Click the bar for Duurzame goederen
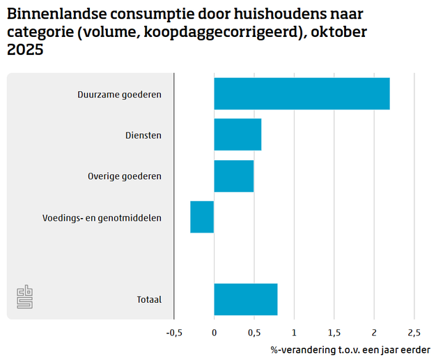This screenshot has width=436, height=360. [x=302, y=94]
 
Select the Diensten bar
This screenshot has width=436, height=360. [x=238, y=134]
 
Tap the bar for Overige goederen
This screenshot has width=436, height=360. [x=233, y=175]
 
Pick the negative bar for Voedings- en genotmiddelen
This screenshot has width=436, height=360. [x=202, y=217]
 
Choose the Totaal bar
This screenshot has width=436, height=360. [x=245, y=299]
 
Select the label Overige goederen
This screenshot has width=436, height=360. [x=125, y=176]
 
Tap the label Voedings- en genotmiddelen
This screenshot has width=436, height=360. [x=102, y=217]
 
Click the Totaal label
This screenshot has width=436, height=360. [x=149, y=299]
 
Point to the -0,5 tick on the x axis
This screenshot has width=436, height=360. [x=174, y=331]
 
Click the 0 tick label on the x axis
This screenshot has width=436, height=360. [x=214, y=331]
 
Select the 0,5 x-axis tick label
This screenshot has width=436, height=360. [x=254, y=331]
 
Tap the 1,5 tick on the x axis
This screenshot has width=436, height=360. [x=334, y=331]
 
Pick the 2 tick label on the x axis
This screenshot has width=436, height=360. [x=374, y=331]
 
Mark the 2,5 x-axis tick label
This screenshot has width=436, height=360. [x=414, y=331]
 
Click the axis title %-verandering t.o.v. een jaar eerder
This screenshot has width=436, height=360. [x=350, y=349]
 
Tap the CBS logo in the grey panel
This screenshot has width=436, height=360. [x=25, y=297]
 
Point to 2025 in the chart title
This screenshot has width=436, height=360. [x=25, y=49]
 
